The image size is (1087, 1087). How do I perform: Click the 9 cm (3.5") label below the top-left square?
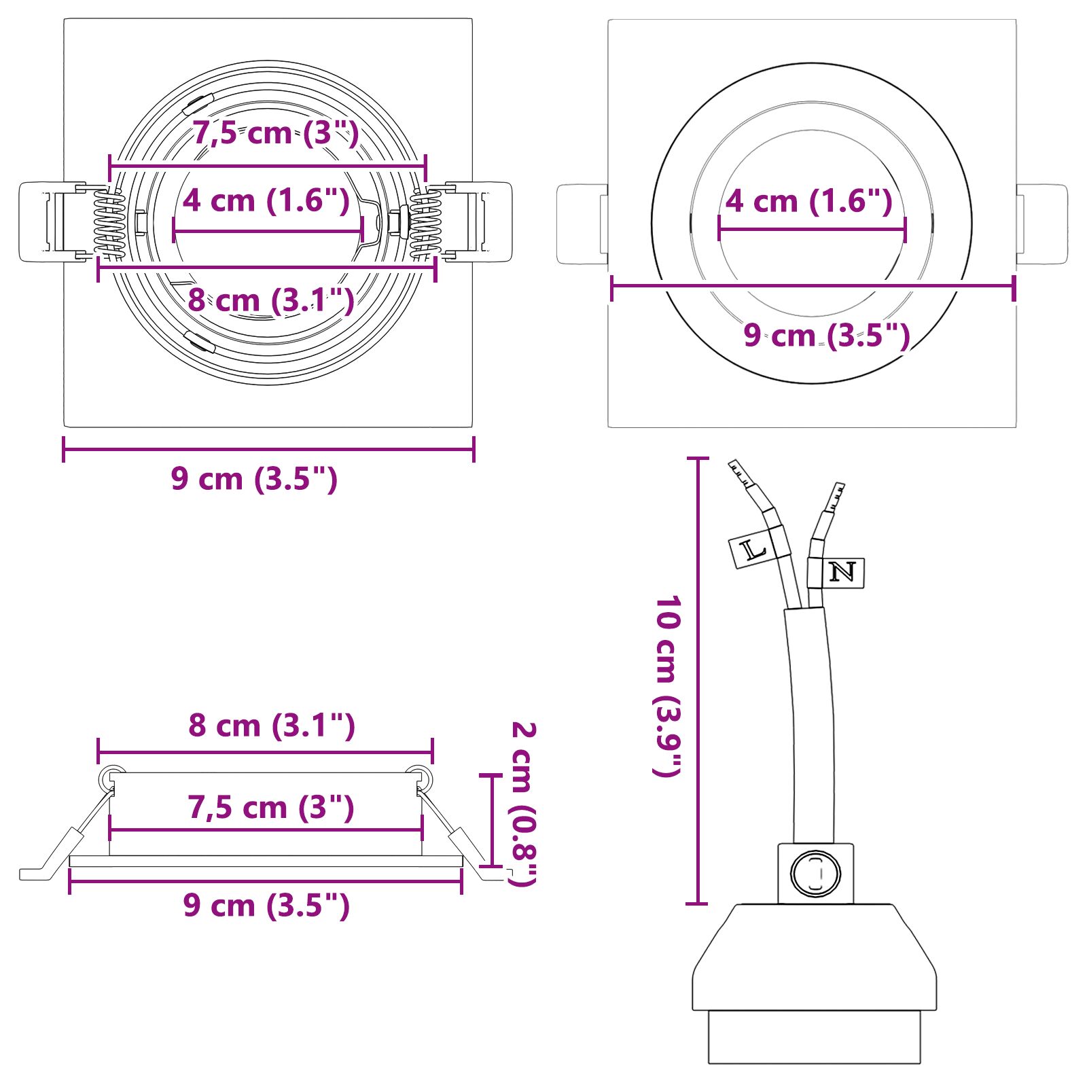coord(254,478)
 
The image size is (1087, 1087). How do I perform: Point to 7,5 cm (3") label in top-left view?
coord(275,132)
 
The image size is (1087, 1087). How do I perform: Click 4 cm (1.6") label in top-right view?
coord(808,201)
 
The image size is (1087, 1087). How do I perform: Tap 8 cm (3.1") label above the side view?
coord(272,725)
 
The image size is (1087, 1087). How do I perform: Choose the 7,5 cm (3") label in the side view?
coord(271,807)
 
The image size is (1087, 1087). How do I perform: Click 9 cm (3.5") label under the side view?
coord(266,905)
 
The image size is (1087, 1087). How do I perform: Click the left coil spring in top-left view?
coord(109,224)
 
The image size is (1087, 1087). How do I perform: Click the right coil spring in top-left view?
coord(425,224)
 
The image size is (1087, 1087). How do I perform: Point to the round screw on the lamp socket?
coord(815,873)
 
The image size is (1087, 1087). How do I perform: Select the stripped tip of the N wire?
coord(836,497)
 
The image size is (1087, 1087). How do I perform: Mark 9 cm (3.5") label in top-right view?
coord(826,335)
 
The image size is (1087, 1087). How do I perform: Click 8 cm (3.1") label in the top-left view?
coord(270,300)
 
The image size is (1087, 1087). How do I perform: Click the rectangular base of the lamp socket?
coord(814,1037)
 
